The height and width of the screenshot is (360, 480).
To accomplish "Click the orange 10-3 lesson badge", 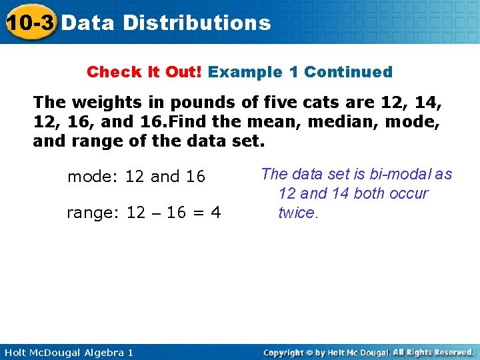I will click(29, 23).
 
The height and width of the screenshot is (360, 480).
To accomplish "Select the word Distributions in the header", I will click(197, 23).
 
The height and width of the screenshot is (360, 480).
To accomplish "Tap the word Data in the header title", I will click(89, 23).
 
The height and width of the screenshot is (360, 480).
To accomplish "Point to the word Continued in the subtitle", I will click(348, 71).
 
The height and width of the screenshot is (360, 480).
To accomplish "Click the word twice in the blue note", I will click(298, 213).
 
